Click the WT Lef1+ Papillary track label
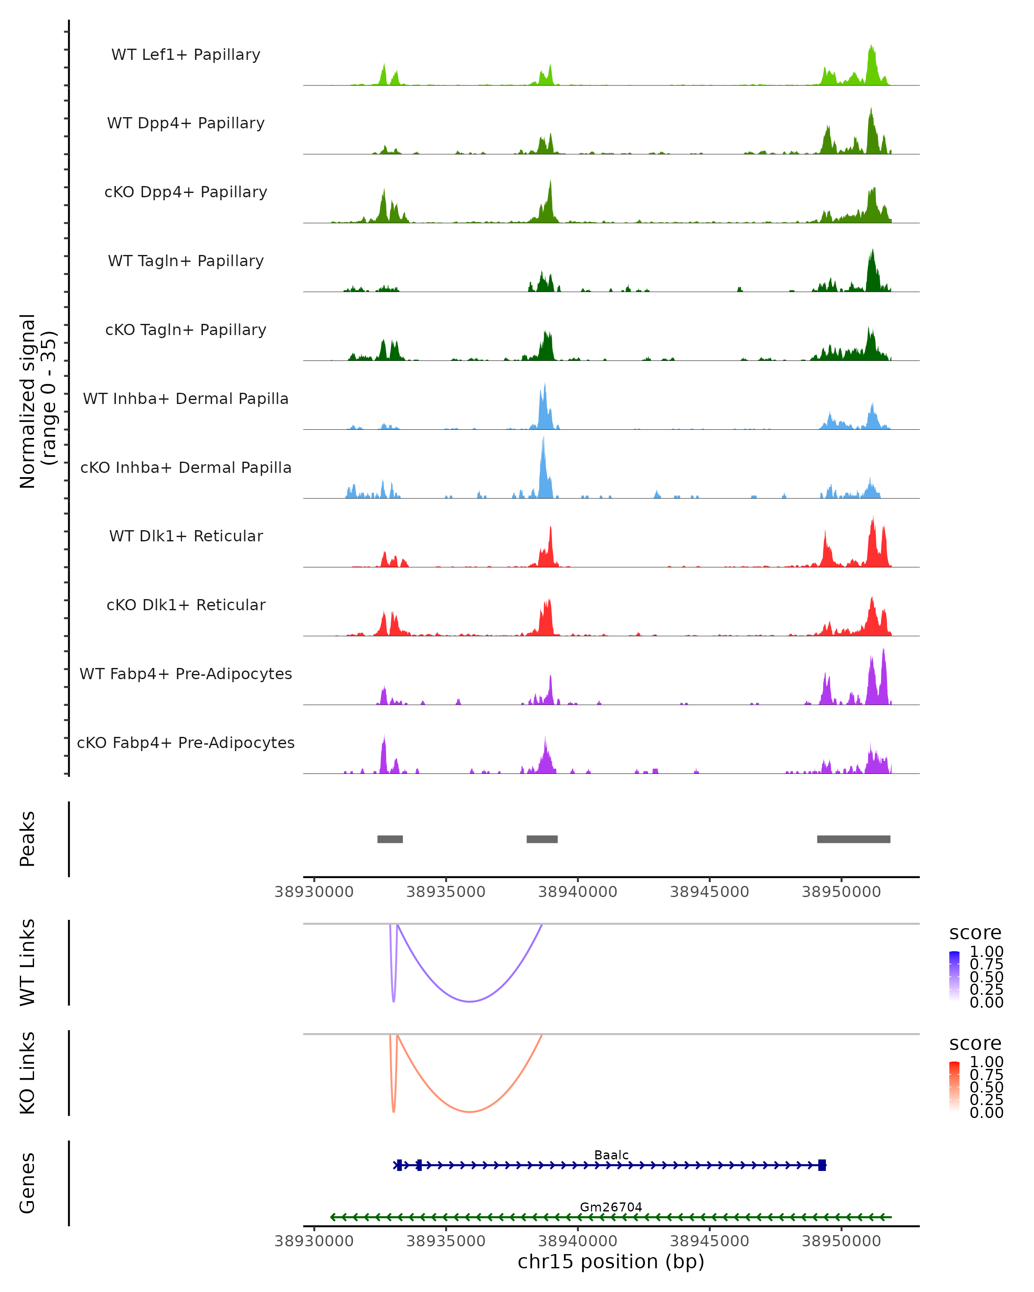tap(186, 55)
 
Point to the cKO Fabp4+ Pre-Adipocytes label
tap(186, 742)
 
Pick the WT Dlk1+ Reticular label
tap(186, 536)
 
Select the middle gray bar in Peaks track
tap(542, 839)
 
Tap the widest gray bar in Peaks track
tap(853, 839)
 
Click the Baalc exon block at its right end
tap(822, 1165)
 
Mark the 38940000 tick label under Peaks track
tap(577, 892)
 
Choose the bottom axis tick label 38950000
tap(841, 1241)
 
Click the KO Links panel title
tap(28, 1073)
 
